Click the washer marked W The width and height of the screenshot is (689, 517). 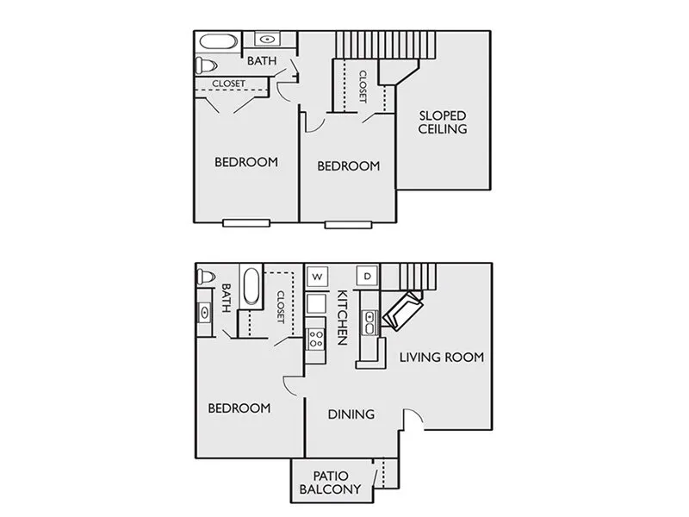click(317, 277)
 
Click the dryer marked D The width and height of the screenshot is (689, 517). click(368, 276)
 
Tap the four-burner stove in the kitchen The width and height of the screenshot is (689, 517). click(315, 339)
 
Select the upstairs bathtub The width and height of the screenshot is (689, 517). click(219, 42)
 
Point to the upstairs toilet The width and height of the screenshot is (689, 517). click(207, 65)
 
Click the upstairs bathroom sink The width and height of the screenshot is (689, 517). click(266, 40)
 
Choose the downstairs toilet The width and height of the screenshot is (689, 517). click(206, 277)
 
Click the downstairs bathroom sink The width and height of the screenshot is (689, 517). click(205, 313)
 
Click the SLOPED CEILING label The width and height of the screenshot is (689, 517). click(443, 122)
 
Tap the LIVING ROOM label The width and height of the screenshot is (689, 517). click(442, 357)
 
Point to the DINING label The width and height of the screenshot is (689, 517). click(351, 414)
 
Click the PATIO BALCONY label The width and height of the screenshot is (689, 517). click(330, 483)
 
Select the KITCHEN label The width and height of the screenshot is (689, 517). click(343, 317)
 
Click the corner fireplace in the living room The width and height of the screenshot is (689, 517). click(403, 311)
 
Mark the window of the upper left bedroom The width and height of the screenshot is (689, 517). click(246, 223)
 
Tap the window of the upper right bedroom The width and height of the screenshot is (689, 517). click(349, 225)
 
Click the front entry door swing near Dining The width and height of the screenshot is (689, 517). click(413, 416)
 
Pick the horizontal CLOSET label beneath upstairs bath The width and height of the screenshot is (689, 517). click(229, 84)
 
